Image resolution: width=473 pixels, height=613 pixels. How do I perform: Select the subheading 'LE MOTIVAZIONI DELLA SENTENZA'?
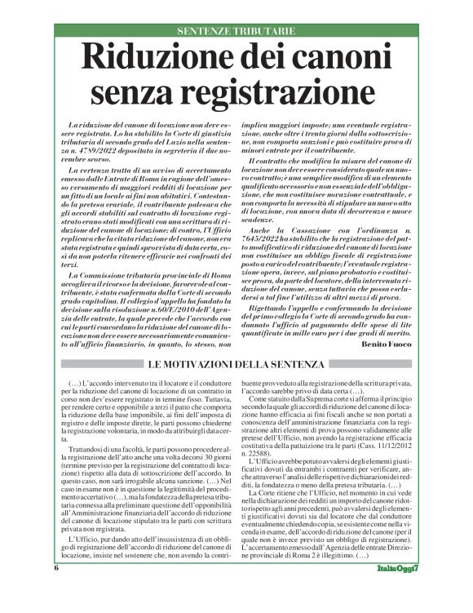[x=236, y=363]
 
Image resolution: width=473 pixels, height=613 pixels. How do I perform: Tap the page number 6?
[x=57, y=590]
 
